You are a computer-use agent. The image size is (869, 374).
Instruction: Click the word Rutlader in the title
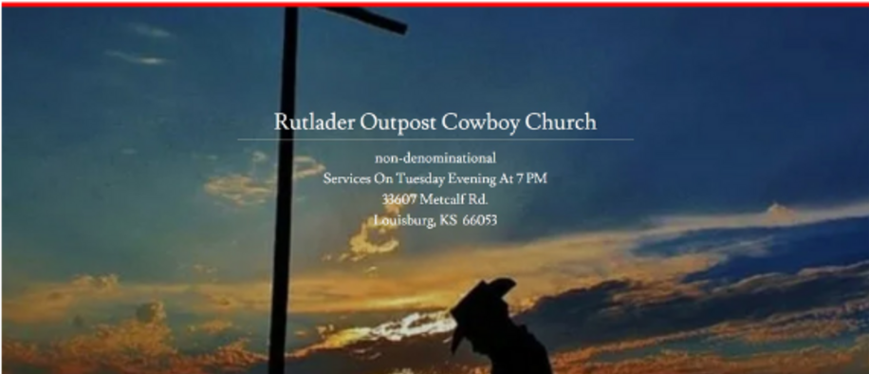(x=314, y=122)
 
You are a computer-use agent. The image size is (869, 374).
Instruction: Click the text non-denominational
(x=435, y=159)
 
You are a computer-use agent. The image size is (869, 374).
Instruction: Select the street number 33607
(x=399, y=199)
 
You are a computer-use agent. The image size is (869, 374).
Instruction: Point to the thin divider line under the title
(x=435, y=140)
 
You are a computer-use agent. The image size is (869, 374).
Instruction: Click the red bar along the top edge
(x=434, y=5)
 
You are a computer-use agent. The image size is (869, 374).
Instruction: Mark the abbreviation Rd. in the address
(x=479, y=199)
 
